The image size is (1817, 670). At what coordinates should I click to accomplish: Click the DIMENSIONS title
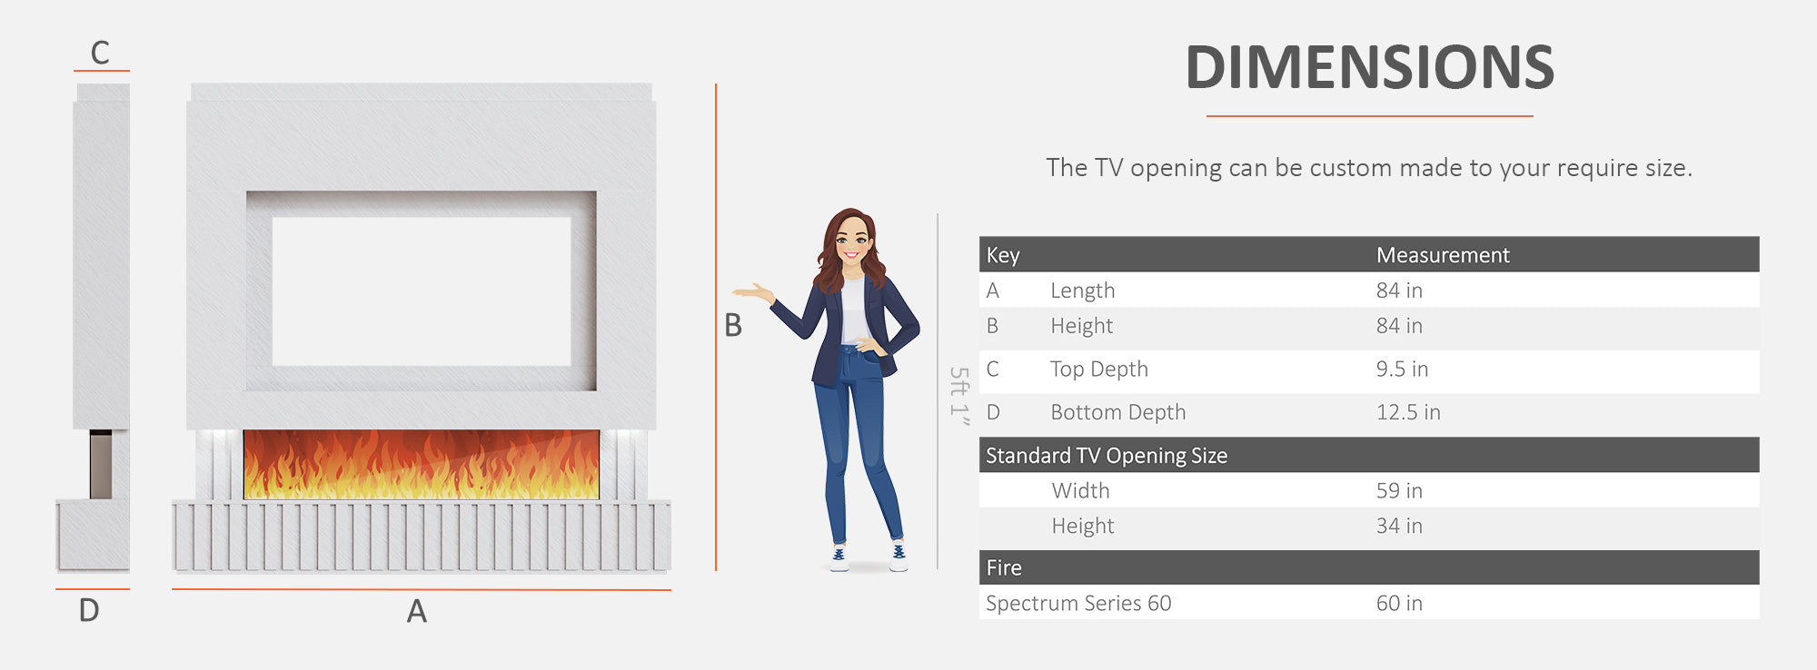(x=1369, y=68)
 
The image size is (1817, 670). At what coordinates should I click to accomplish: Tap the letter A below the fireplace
(x=416, y=611)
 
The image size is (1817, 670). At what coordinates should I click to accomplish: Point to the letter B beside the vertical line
(x=733, y=325)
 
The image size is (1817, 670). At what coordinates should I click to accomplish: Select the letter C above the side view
(x=100, y=53)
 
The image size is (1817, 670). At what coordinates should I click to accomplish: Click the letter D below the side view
(x=89, y=610)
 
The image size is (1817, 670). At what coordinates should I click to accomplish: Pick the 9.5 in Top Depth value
(x=1402, y=369)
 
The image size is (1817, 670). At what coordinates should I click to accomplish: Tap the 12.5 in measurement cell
(x=1408, y=412)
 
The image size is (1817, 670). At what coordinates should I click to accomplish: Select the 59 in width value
(x=1399, y=491)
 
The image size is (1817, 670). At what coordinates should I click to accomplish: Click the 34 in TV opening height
(x=1399, y=526)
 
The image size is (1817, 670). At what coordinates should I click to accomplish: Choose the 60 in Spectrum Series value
(x=1399, y=604)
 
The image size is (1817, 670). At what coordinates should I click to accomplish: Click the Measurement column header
(x=1443, y=255)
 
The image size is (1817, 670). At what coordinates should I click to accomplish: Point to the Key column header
(x=1003, y=255)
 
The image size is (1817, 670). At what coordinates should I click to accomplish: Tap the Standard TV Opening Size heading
(x=1107, y=456)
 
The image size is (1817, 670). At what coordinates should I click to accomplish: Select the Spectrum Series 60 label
(x=1078, y=604)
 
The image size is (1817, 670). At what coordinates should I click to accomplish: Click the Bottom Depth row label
(x=1118, y=412)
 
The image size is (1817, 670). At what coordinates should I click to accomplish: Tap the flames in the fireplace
(x=421, y=465)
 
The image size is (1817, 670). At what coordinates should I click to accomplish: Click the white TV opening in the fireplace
(x=421, y=291)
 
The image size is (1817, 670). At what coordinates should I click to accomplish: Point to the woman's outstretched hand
(x=751, y=291)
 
